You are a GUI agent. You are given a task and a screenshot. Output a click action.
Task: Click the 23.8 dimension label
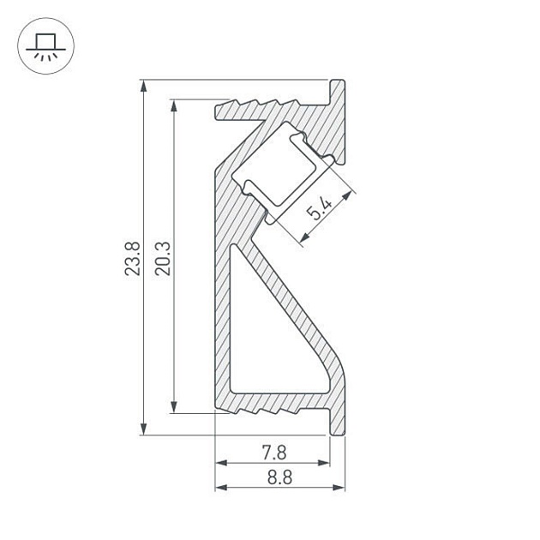(x=133, y=258)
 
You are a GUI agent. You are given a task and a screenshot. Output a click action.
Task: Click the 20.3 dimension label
(x=163, y=258)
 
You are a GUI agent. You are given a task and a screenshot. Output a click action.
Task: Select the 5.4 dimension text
(x=320, y=208)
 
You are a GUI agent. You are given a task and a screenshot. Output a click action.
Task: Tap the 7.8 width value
(x=274, y=453)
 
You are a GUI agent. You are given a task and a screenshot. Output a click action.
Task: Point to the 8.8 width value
(x=279, y=477)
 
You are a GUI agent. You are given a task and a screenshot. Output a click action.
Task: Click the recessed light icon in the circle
(x=45, y=46)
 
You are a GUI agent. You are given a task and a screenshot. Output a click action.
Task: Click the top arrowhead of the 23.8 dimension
(x=144, y=86)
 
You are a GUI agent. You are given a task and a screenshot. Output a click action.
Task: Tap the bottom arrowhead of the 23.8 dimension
(x=144, y=429)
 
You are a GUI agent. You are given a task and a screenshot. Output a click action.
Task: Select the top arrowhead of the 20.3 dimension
(x=174, y=105)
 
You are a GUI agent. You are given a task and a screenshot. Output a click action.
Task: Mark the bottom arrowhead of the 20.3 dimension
(x=174, y=407)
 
